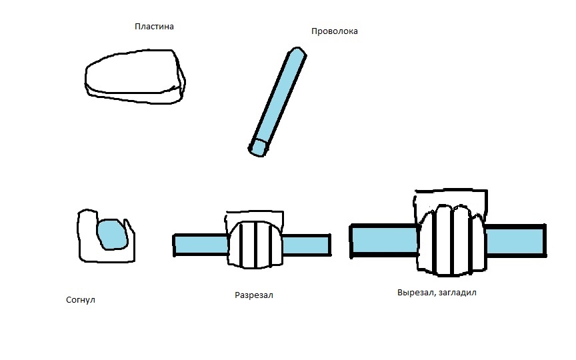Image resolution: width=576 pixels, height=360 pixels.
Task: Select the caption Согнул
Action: point(82,300)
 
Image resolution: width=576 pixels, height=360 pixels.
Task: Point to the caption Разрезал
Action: point(254,295)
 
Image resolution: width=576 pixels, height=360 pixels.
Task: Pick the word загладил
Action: point(457,293)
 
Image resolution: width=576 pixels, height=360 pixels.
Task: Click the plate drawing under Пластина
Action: point(133,77)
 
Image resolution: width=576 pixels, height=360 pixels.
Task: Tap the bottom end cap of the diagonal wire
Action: point(259,147)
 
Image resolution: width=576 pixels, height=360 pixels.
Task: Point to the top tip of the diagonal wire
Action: point(297,52)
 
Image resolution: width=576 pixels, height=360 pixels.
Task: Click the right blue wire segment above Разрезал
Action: point(306,245)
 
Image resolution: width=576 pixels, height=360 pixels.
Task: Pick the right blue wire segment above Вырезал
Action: point(514,241)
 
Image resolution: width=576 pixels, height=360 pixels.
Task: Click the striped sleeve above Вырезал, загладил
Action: point(451,240)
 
